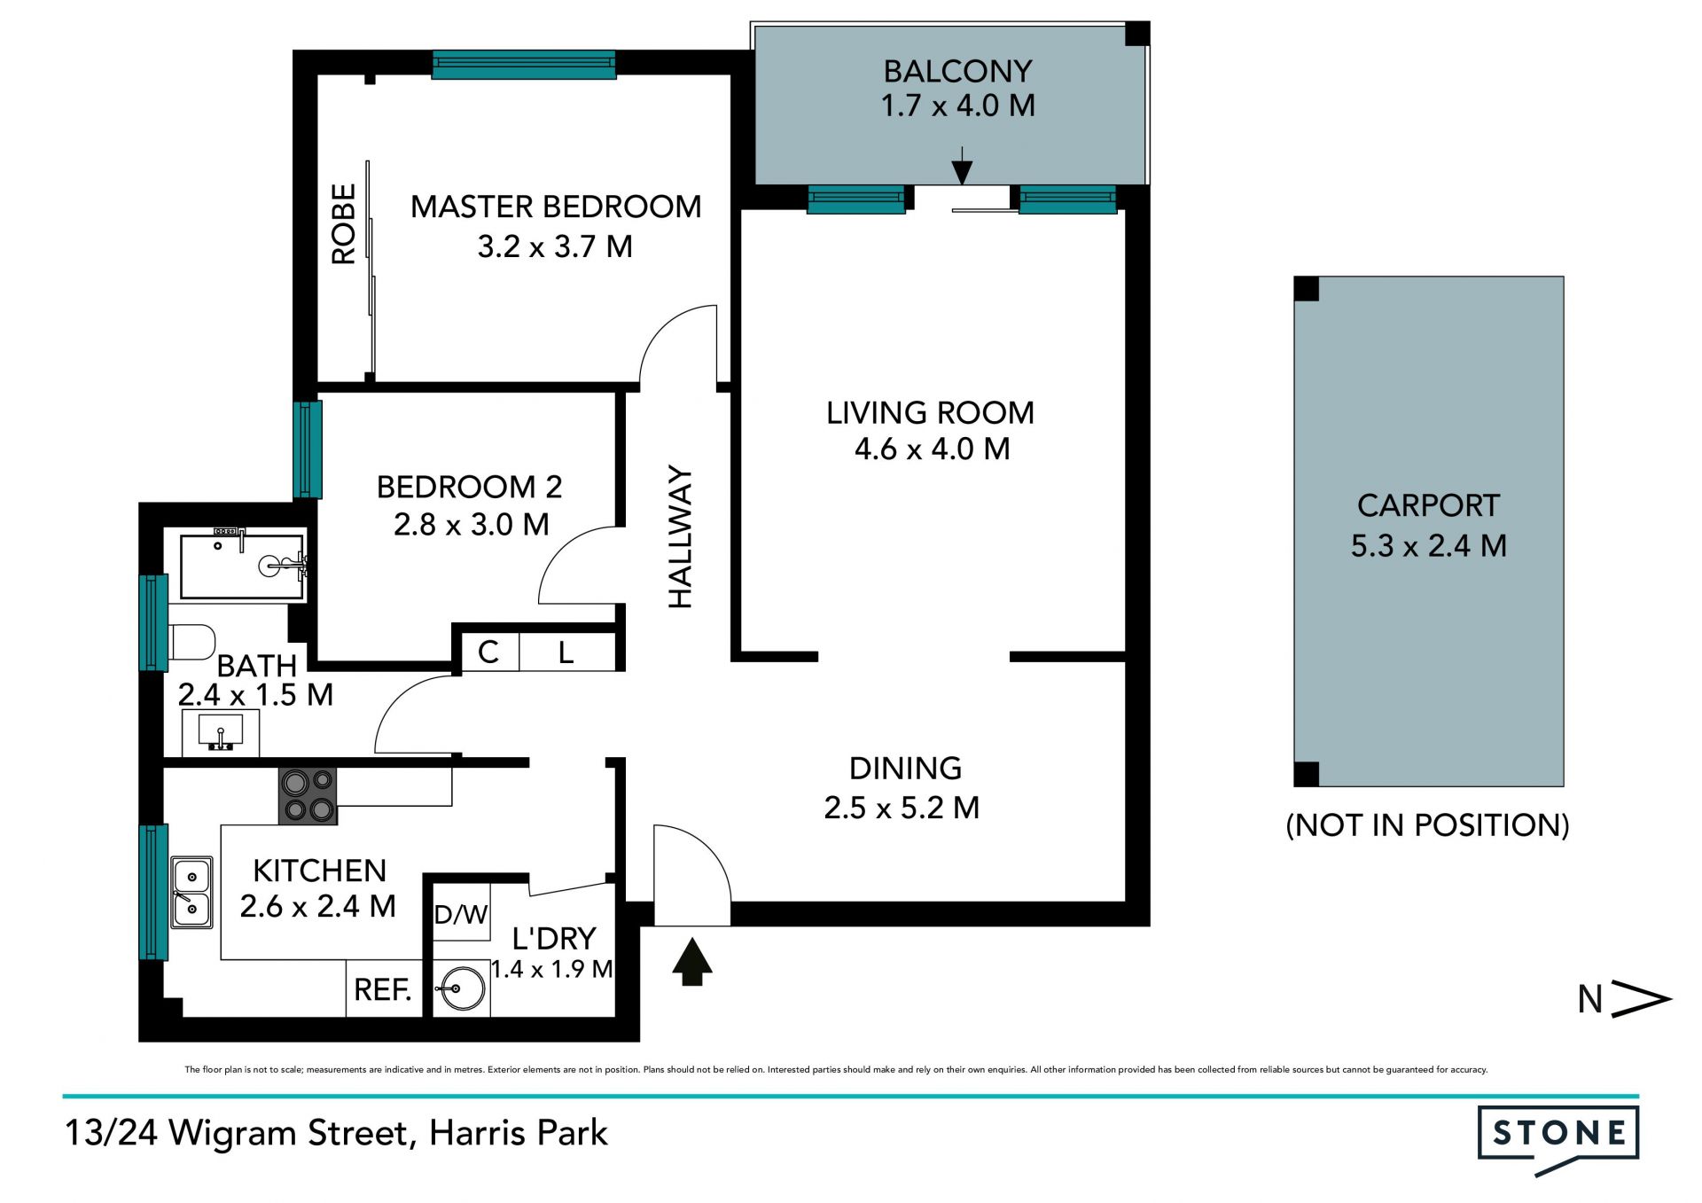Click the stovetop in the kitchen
pyautogui.click(x=308, y=796)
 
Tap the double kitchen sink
pyautogui.click(x=191, y=892)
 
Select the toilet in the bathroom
pyautogui.click(x=191, y=642)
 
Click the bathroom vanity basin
pyautogui.click(x=220, y=733)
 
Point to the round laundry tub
pyautogui.click(x=461, y=988)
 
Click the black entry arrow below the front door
pyautogui.click(x=691, y=963)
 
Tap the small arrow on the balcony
pyautogui.click(x=962, y=167)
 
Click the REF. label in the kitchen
pyautogui.click(x=383, y=989)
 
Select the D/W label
pyautogui.click(x=461, y=914)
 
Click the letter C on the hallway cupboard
pyautogui.click(x=488, y=652)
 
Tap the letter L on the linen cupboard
pyautogui.click(x=566, y=653)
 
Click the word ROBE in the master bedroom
pyautogui.click(x=343, y=223)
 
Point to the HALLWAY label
pyautogui.click(x=680, y=536)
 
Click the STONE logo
pyautogui.click(x=1558, y=1137)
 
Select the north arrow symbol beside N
pyautogui.click(x=1641, y=999)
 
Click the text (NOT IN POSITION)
pyautogui.click(x=1427, y=825)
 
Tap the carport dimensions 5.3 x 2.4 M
pyautogui.click(x=1429, y=545)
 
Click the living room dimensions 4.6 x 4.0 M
pyautogui.click(x=932, y=449)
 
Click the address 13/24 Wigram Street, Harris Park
pyautogui.click(x=336, y=1133)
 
